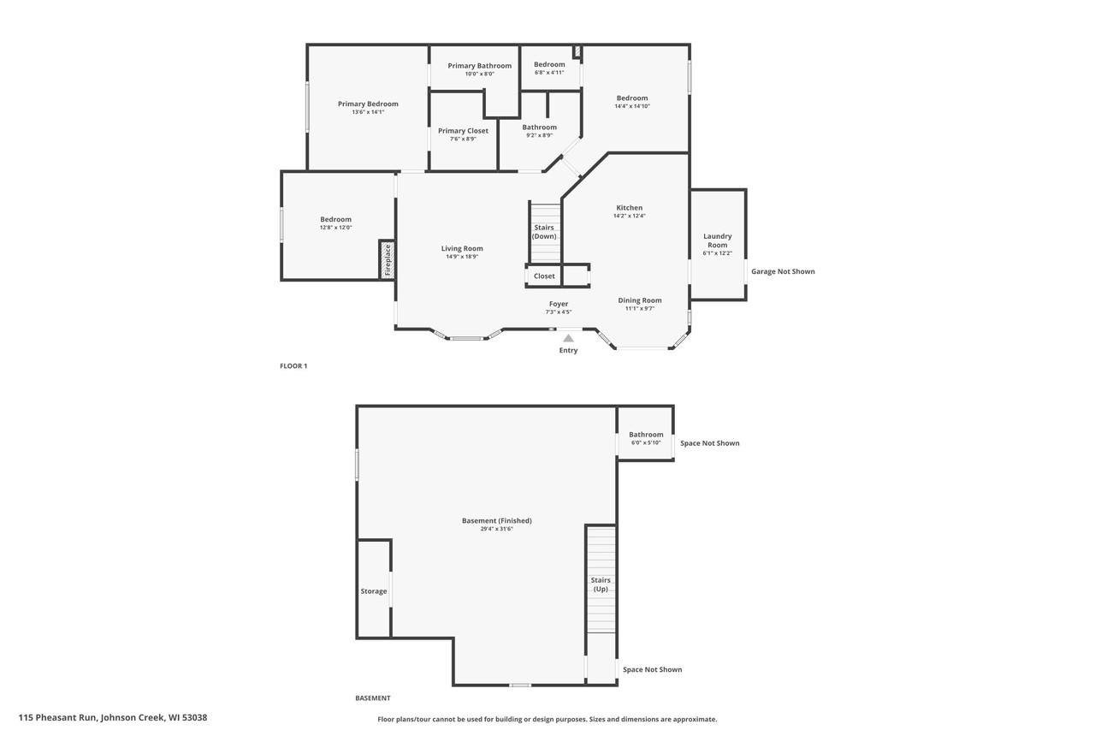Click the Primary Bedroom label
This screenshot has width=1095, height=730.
click(x=368, y=104)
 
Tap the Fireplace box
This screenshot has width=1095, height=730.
click(x=387, y=259)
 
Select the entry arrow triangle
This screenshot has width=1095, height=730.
click(x=568, y=338)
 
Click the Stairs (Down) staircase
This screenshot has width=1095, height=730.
click(x=545, y=232)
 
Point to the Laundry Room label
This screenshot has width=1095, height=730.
click(x=717, y=240)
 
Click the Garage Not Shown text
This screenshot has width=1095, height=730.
click(x=783, y=271)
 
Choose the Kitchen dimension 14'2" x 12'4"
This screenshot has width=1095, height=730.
click(x=629, y=217)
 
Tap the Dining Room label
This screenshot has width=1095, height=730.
click(x=640, y=300)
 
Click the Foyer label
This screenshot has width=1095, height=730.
click(x=558, y=304)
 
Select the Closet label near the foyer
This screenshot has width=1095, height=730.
click(x=544, y=276)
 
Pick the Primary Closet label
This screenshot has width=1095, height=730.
click(x=463, y=131)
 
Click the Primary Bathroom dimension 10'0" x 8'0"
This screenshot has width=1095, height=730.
click(x=479, y=74)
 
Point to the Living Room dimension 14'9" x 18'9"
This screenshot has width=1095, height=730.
click(x=462, y=257)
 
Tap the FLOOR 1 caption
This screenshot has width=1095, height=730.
click(x=293, y=366)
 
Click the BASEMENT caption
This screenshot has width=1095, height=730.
click(x=373, y=698)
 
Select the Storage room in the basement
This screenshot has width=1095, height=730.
click(x=374, y=591)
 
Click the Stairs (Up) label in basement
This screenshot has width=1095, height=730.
click(x=601, y=585)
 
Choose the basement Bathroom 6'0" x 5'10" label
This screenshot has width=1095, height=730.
click(x=646, y=438)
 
